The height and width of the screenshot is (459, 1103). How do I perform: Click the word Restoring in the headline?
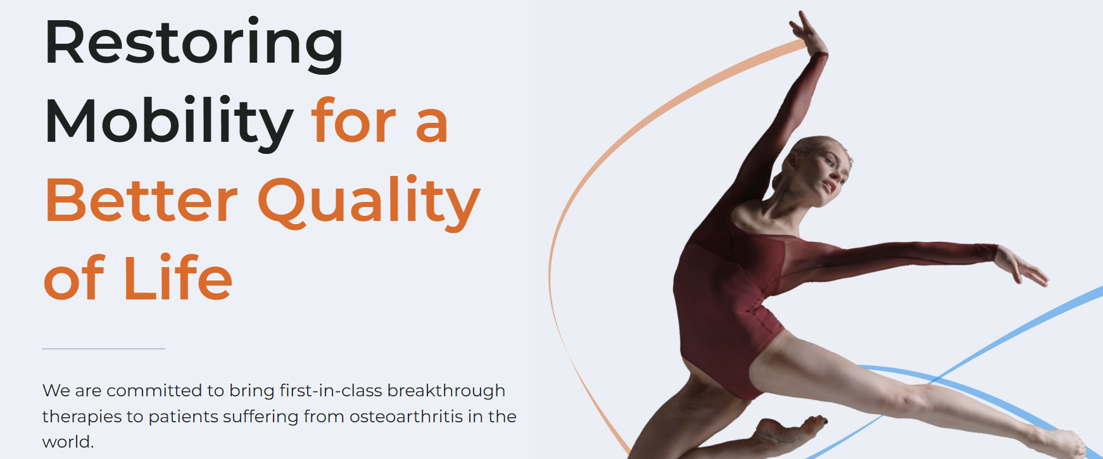[194, 45]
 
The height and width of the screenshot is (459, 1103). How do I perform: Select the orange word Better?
[141, 201]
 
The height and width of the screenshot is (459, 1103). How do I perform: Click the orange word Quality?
[369, 203]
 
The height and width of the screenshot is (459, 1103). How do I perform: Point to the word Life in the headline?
[178, 277]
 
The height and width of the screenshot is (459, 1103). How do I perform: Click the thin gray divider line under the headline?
[103, 349]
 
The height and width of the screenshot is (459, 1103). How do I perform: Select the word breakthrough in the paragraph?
[446, 391]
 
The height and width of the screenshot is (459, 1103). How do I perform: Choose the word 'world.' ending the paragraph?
[68, 441]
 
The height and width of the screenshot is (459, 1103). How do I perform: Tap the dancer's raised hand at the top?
[808, 32]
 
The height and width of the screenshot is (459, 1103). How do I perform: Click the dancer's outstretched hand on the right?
[1021, 265]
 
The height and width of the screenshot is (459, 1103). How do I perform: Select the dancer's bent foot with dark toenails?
[791, 432]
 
